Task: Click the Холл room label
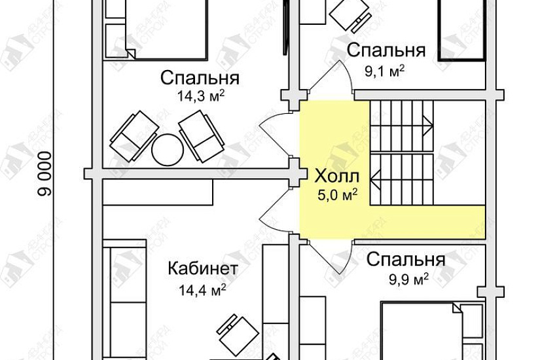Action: click(x=336, y=176)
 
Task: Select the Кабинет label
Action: click(x=203, y=269)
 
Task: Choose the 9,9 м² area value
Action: click(x=407, y=278)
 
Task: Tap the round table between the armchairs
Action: click(x=167, y=149)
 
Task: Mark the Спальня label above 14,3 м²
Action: click(x=200, y=79)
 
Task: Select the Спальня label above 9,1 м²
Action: click(x=386, y=50)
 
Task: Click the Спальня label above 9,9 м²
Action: click(x=406, y=260)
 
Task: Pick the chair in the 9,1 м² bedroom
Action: click(x=350, y=14)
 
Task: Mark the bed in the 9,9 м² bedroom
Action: click(x=429, y=331)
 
